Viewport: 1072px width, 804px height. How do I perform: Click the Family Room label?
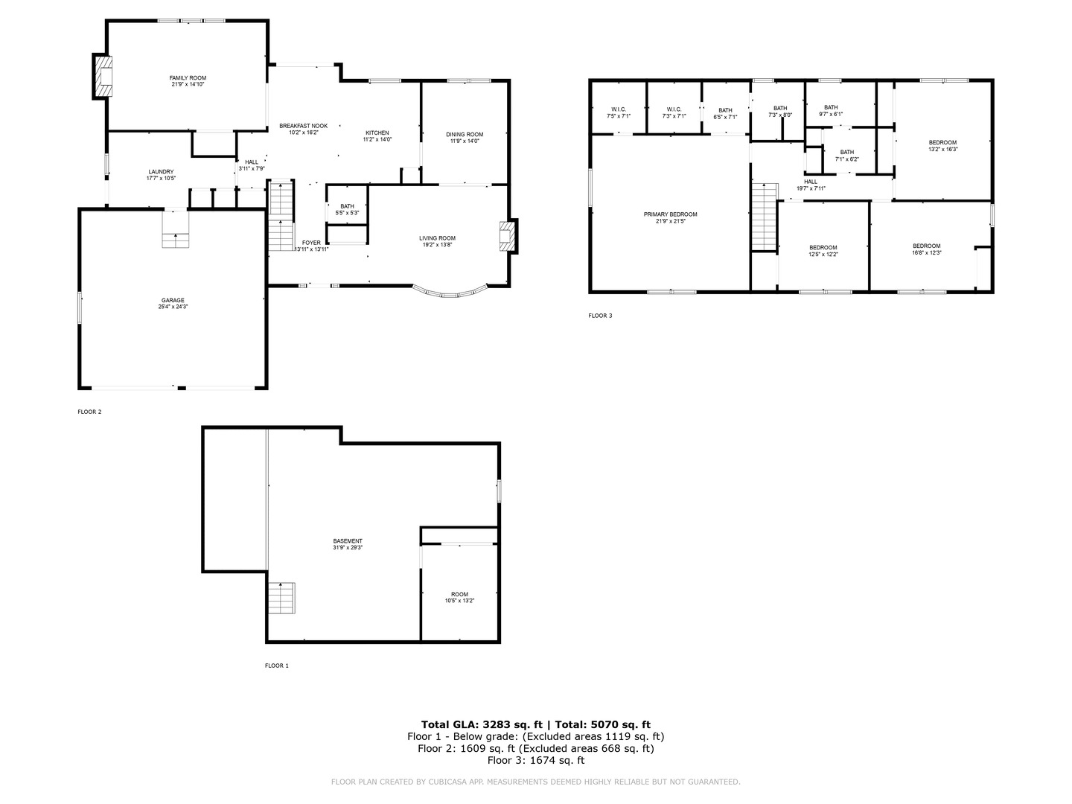pyautogui.click(x=188, y=81)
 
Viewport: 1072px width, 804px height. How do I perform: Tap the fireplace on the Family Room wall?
pyautogui.click(x=103, y=75)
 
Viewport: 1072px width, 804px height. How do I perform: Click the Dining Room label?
pyautogui.click(x=465, y=138)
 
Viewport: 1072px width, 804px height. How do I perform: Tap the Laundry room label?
pyautogui.click(x=161, y=175)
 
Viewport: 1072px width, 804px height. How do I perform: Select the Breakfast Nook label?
pyautogui.click(x=303, y=130)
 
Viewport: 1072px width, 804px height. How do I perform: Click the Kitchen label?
pyautogui.click(x=377, y=136)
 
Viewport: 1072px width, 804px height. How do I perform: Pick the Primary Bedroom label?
pyautogui.click(x=670, y=217)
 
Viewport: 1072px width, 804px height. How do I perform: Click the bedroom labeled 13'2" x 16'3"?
pyautogui.click(x=942, y=146)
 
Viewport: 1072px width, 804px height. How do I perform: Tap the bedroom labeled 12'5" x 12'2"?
pyautogui.click(x=823, y=251)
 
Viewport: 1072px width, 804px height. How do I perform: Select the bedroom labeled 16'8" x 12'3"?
pyautogui.click(x=927, y=249)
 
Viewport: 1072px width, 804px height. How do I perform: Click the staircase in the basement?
pyautogui.click(x=281, y=598)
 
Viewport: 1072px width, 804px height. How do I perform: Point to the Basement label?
pyautogui.click(x=348, y=544)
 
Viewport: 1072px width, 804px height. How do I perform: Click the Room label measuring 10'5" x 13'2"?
pyautogui.click(x=459, y=598)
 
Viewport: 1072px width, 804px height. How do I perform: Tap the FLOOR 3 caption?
pyautogui.click(x=600, y=316)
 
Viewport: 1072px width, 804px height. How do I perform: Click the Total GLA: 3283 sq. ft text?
pyautogui.click(x=483, y=724)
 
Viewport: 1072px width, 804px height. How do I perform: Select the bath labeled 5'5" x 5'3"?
pyautogui.click(x=347, y=209)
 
